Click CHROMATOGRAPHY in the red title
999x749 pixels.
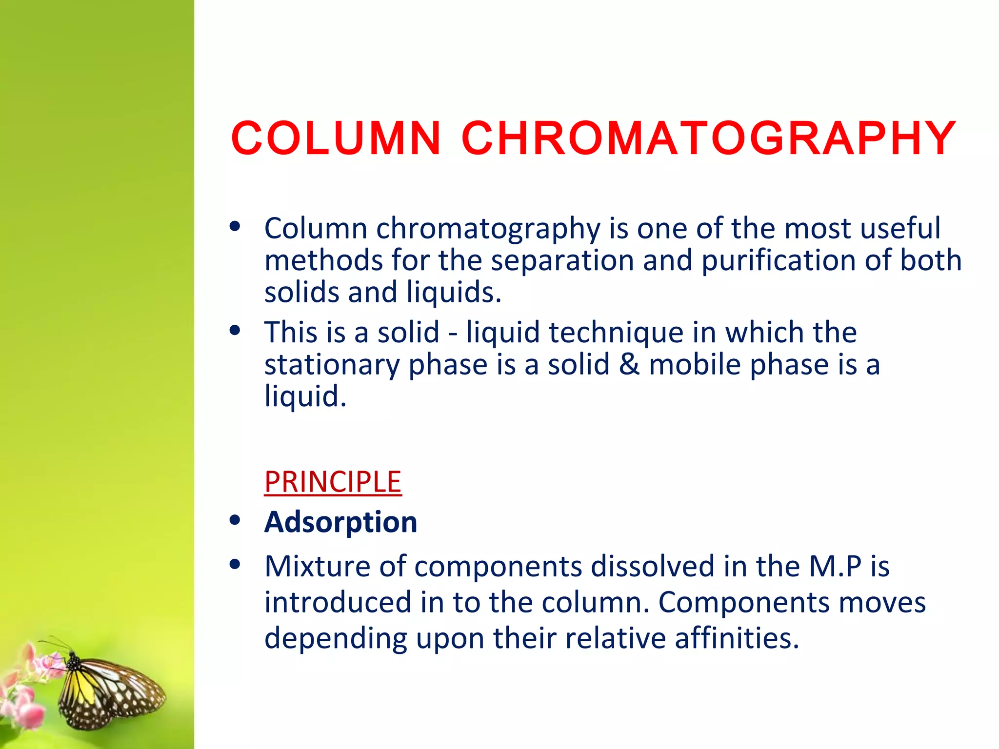(708, 138)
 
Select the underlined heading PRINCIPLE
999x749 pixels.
(333, 482)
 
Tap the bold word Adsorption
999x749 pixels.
(340, 522)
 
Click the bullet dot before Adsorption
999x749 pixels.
(235, 520)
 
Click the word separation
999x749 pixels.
(562, 260)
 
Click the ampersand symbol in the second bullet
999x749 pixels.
(629, 364)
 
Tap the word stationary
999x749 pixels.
(332, 365)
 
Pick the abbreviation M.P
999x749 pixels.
(835, 567)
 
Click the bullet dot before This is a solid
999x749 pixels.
(235, 331)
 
